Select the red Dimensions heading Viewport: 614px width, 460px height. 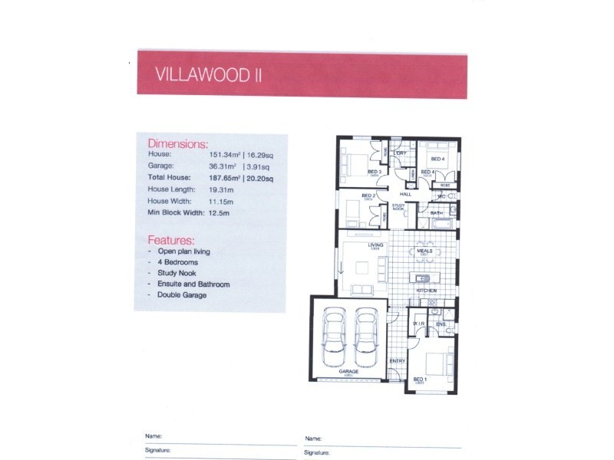177,143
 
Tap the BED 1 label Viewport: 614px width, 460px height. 420,379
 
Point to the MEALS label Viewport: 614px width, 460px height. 424,251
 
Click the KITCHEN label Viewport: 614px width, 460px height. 426,291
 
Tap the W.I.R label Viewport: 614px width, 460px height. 419,324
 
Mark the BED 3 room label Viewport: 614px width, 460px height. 375,172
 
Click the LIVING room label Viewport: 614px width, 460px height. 375,245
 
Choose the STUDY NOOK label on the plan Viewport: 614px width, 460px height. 399,206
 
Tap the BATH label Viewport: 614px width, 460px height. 437,212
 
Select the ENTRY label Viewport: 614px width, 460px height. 398,361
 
